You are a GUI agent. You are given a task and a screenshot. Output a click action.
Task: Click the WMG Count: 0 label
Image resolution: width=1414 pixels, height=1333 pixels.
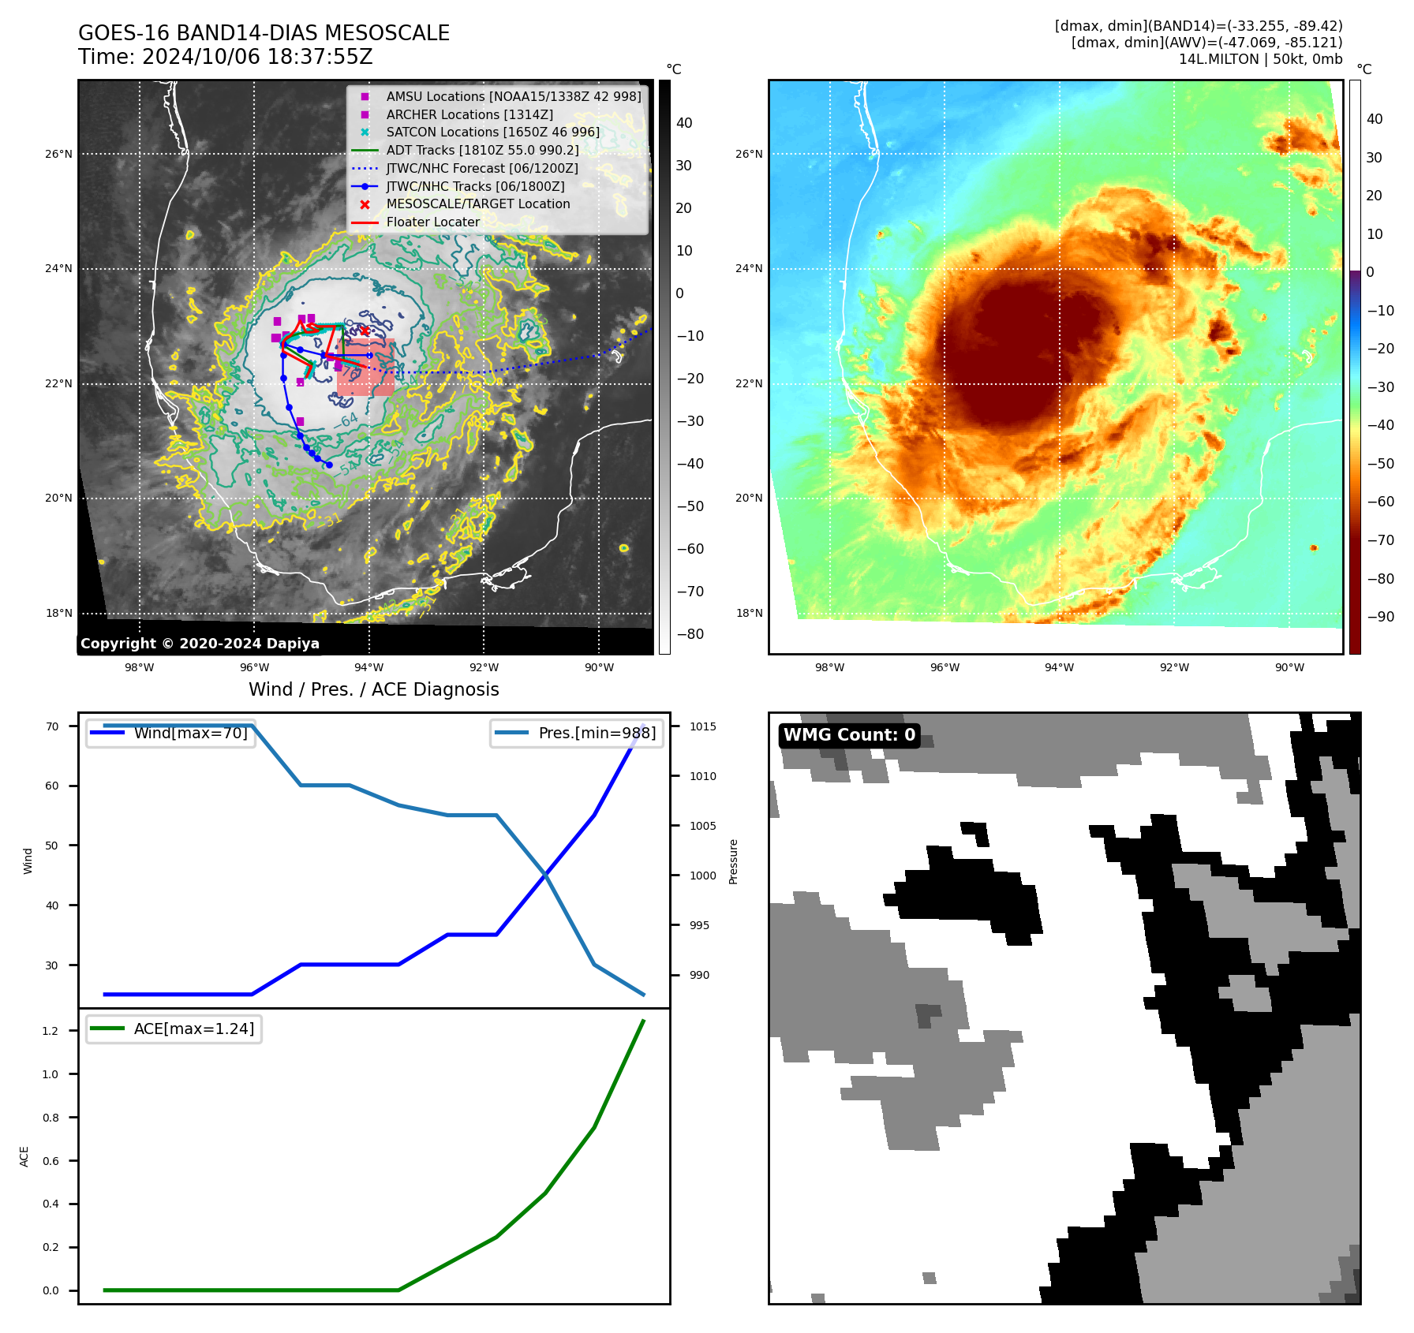(x=849, y=735)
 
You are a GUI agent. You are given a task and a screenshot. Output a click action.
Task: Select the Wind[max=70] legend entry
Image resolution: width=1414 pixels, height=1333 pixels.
(x=190, y=733)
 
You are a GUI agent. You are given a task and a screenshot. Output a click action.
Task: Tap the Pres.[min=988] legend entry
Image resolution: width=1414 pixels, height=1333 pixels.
(x=597, y=733)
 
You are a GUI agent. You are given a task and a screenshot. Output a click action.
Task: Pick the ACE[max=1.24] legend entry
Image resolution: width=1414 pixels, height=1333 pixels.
(x=193, y=1029)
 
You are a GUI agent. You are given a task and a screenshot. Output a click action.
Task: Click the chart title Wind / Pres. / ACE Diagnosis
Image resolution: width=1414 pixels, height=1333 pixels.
(x=373, y=689)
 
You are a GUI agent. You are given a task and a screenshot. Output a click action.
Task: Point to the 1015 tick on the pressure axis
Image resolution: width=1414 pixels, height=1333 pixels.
(x=702, y=726)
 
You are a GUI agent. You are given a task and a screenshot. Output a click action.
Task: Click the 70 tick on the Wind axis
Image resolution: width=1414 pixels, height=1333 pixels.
(x=52, y=726)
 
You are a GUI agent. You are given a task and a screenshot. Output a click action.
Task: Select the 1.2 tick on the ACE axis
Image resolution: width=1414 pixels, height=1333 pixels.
(x=50, y=1031)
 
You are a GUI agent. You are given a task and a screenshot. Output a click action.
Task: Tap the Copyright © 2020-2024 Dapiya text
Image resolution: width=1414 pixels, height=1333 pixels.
(x=200, y=644)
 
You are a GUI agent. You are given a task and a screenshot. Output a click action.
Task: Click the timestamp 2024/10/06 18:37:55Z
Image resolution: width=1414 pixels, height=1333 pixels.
(x=256, y=57)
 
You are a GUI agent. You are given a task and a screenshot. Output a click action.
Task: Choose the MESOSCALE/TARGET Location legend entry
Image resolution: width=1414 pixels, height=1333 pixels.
(x=477, y=203)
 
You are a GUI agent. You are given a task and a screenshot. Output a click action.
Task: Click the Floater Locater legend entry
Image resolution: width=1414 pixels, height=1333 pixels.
(x=432, y=222)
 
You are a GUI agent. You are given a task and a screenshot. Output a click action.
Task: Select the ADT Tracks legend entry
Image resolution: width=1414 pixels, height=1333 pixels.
(x=482, y=150)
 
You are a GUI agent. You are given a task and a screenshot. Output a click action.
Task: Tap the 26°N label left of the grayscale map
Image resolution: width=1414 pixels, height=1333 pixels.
(x=58, y=154)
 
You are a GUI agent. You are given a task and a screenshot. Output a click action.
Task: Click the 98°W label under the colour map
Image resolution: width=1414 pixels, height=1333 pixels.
(x=829, y=667)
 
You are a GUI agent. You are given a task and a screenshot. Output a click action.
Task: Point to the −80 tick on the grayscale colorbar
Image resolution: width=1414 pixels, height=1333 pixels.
(x=690, y=634)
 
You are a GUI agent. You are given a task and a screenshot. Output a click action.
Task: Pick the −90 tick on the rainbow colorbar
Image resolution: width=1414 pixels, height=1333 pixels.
(x=1380, y=617)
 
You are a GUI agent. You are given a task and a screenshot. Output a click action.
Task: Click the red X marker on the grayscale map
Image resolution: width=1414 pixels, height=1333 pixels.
(x=365, y=330)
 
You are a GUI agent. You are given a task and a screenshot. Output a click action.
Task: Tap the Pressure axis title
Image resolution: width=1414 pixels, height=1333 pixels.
(x=733, y=861)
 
